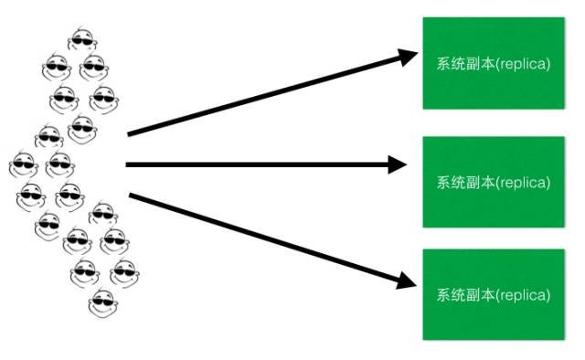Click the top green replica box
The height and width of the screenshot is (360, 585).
coord(494,62)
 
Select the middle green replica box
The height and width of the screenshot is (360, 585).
coord(494,182)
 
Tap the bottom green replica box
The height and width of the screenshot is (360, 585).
coord(494,294)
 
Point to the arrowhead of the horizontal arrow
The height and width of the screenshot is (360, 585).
coord(397,164)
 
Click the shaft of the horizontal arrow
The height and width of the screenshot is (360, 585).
coord(256,164)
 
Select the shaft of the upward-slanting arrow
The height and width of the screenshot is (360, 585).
coord(265,96)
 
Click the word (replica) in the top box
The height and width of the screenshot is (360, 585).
coord(524,64)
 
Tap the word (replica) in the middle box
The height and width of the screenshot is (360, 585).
coord(524,182)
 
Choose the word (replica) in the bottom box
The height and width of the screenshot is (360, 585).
coord(524,295)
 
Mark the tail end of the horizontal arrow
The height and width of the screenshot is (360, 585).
coord(129,164)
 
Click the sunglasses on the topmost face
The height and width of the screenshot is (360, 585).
coord(81,40)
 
